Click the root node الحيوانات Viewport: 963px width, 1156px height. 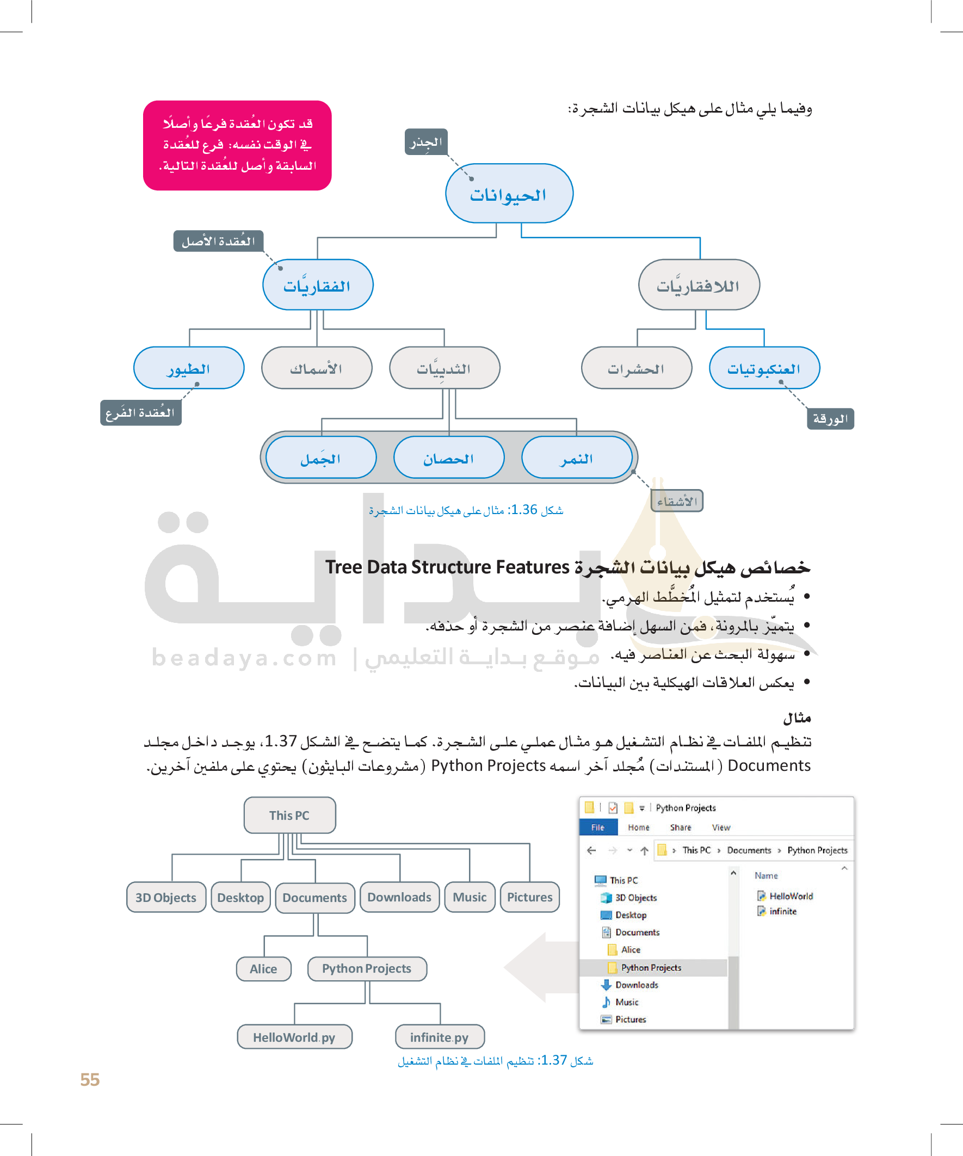[x=509, y=194]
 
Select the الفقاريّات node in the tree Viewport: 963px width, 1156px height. [x=318, y=285]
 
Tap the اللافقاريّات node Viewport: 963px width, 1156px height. [x=698, y=285]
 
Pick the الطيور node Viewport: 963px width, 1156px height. [x=188, y=368]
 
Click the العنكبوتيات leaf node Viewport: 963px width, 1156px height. [x=764, y=368]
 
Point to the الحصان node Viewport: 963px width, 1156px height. [x=448, y=458]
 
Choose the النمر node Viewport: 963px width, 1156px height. [x=576, y=458]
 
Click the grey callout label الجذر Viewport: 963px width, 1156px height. [x=425, y=142]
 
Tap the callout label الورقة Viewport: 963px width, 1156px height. [x=830, y=419]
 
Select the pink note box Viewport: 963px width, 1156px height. [x=237, y=145]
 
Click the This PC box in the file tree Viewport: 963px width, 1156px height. [x=289, y=815]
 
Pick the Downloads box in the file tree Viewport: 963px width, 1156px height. [x=399, y=897]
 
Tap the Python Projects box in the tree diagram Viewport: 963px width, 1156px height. [x=367, y=968]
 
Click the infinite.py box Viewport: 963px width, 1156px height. [x=440, y=1037]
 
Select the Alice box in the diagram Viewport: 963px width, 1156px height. [x=263, y=969]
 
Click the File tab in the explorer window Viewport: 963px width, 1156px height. [x=597, y=827]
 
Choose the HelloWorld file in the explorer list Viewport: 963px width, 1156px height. [x=791, y=896]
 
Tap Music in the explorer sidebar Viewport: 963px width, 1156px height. [x=627, y=1003]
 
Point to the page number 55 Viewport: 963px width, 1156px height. [x=90, y=1079]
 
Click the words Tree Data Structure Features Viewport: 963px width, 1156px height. [x=447, y=567]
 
